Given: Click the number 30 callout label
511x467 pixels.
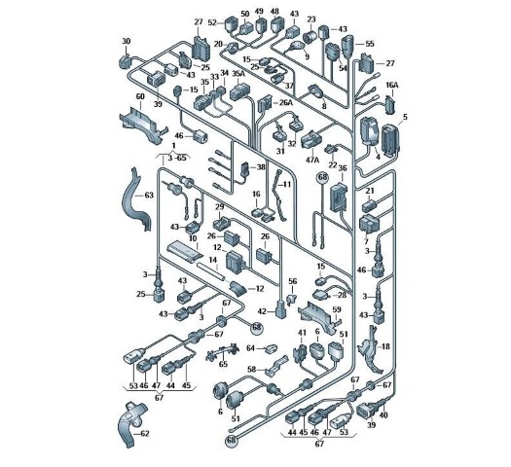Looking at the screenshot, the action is pos(127,42).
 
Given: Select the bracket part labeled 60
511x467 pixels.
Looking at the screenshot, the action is pos(142,125).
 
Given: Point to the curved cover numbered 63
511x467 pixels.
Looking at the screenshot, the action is pos(136,199).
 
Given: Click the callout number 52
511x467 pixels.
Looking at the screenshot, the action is pos(212,22).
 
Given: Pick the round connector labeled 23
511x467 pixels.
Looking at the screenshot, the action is pos(310,37).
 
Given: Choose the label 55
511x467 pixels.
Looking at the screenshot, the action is pos(370,44).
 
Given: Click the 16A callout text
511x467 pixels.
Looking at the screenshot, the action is pos(392,85).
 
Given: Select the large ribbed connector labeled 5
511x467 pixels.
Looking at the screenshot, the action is pos(390,140).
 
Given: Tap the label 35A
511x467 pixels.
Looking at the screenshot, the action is pos(238,74).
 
